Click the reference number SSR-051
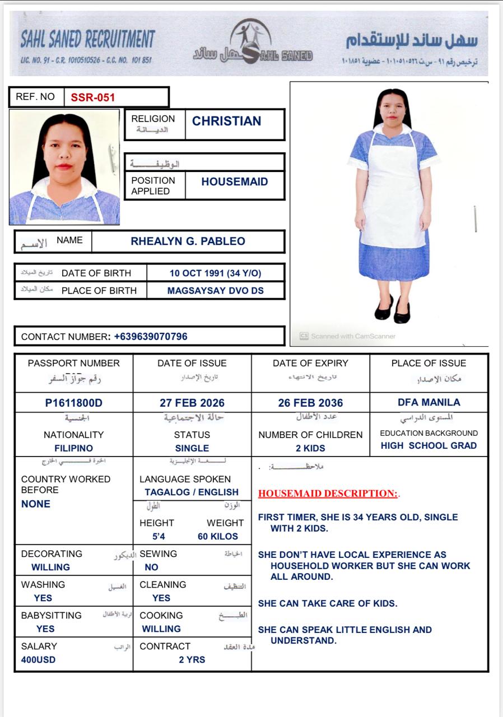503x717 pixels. click(x=92, y=97)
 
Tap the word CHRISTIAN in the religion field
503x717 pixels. click(x=226, y=122)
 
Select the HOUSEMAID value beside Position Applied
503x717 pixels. click(x=234, y=181)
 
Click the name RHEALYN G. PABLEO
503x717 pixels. click(x=188, y=241)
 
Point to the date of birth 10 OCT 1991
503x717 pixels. click(x=215, y=273)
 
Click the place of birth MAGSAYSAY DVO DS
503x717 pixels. click(x=215, y=291)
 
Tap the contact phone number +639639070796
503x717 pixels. click(x=151, y=337)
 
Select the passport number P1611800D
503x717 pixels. click(x=74, y=403)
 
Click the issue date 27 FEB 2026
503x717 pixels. click(x=192, y=403)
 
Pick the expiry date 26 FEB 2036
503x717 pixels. click(x=310, y=403)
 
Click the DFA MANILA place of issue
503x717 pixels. click(x=429, y=402)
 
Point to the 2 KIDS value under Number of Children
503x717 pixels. click(x=310, y=448)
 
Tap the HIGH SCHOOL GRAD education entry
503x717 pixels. click(x=429, y=446)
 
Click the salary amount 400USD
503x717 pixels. click(x=39, y=659)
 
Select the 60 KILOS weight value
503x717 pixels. click(x=218, y=536)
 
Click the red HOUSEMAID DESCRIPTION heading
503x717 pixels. click(x=328, y=493)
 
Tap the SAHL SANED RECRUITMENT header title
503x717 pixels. click(x=87, y=40)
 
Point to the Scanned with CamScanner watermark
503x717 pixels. click(x=348, y=336)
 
